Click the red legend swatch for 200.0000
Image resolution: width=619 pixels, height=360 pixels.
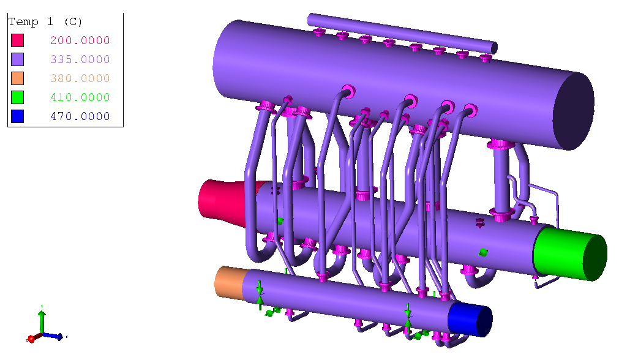click(17, 40)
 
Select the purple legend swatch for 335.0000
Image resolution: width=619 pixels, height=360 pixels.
click(17, 59)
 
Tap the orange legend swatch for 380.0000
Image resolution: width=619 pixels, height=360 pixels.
click(17, 78)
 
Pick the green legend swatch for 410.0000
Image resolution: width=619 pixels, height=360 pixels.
click(17, 97)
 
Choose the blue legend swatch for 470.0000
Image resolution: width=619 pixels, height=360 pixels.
click(17, 116)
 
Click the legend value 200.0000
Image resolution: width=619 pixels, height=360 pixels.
click(80, 40)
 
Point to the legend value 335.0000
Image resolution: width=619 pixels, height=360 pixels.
click(80, 59)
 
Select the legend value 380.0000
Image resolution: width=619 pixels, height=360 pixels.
click(80, 78)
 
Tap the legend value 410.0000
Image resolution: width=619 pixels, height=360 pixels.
click(80, 97)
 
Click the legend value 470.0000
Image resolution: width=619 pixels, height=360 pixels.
click(80, 116)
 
